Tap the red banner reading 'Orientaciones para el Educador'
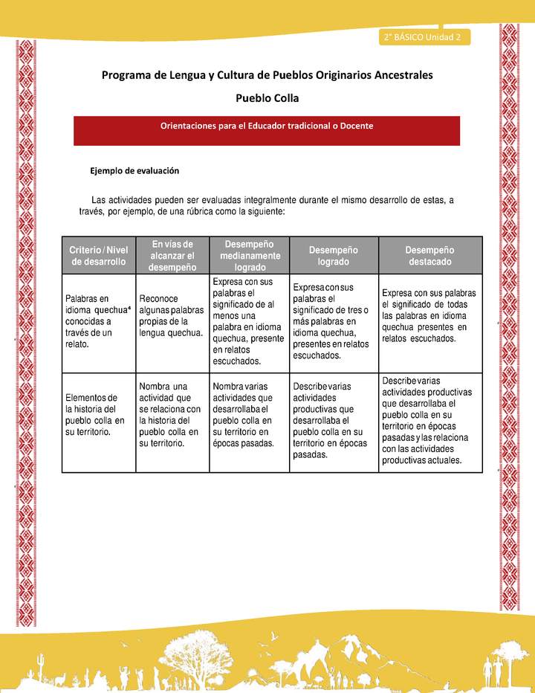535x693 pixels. coord(267,126)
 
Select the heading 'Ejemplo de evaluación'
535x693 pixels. coord(134,170)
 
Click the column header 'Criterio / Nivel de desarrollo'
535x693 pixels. coord(99,255)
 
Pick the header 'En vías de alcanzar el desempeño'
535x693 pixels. coord(172,255)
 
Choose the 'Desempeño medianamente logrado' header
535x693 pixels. coord(249,255)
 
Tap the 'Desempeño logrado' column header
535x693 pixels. coord(333,255)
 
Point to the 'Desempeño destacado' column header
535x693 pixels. coord(430,255)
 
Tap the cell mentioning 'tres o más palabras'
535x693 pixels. coord(331,321)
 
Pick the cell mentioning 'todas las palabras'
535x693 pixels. coord(429,316)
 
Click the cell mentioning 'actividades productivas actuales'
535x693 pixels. coord(429,420)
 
